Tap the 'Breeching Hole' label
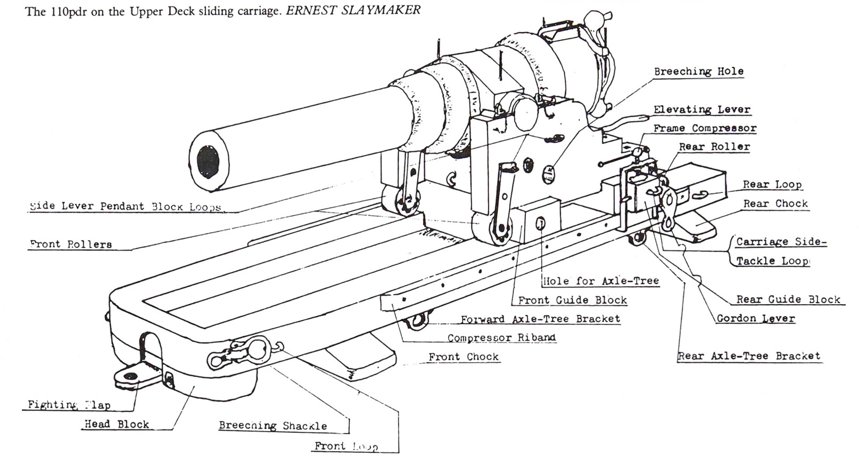click(698, 71)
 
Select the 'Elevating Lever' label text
click(701, 110)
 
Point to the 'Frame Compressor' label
click(704, 128)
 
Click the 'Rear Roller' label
click(714, 147)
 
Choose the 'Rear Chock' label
click(775, 204)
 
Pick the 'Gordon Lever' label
click(755, 319)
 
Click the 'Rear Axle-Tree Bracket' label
click(749, 356)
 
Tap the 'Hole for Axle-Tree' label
click(600, 281)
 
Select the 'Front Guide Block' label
click(572, 300)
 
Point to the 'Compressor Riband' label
click(501, 338)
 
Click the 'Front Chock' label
click(464, 357)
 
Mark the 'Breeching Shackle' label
click(272, 426)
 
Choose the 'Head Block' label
click(117, 425)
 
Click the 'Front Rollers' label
click(71, 245)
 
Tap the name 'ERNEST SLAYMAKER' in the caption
click(353, 11)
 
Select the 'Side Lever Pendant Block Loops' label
click(125, 207)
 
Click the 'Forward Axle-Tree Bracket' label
click(540, 319)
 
